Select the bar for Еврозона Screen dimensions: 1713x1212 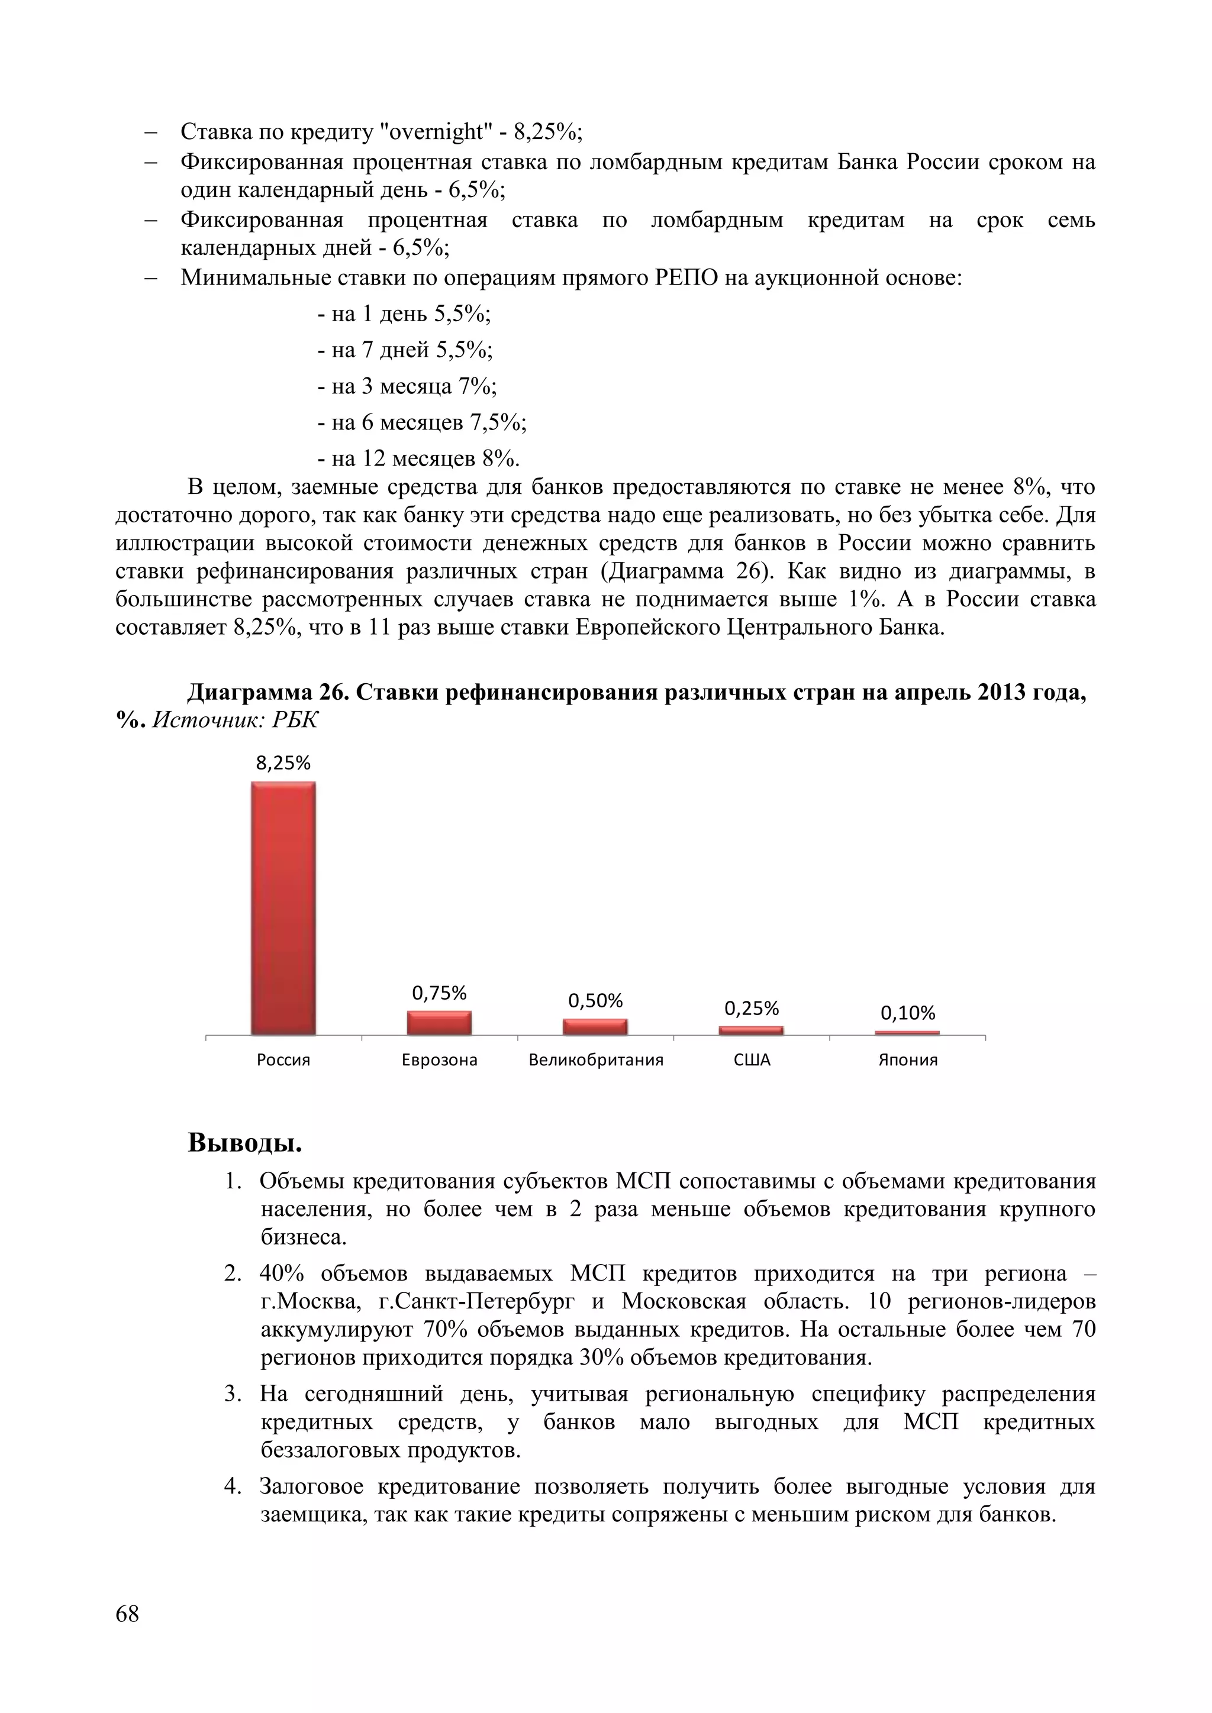click(x=439, y=1023)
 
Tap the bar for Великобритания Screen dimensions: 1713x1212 click(x=595, y=1027)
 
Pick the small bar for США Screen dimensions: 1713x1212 click(x=751, y=1030)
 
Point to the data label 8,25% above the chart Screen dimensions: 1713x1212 click(x=283, y=762)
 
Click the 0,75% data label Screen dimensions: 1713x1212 click(x=439, y=993)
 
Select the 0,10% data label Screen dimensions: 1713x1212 click(x=907, y=1013)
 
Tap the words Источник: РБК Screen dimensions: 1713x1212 click(x=235, y=720)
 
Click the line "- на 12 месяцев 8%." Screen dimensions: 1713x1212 click(x=418, y=458)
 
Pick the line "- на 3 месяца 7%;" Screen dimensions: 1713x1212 click(x=407, y=386)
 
